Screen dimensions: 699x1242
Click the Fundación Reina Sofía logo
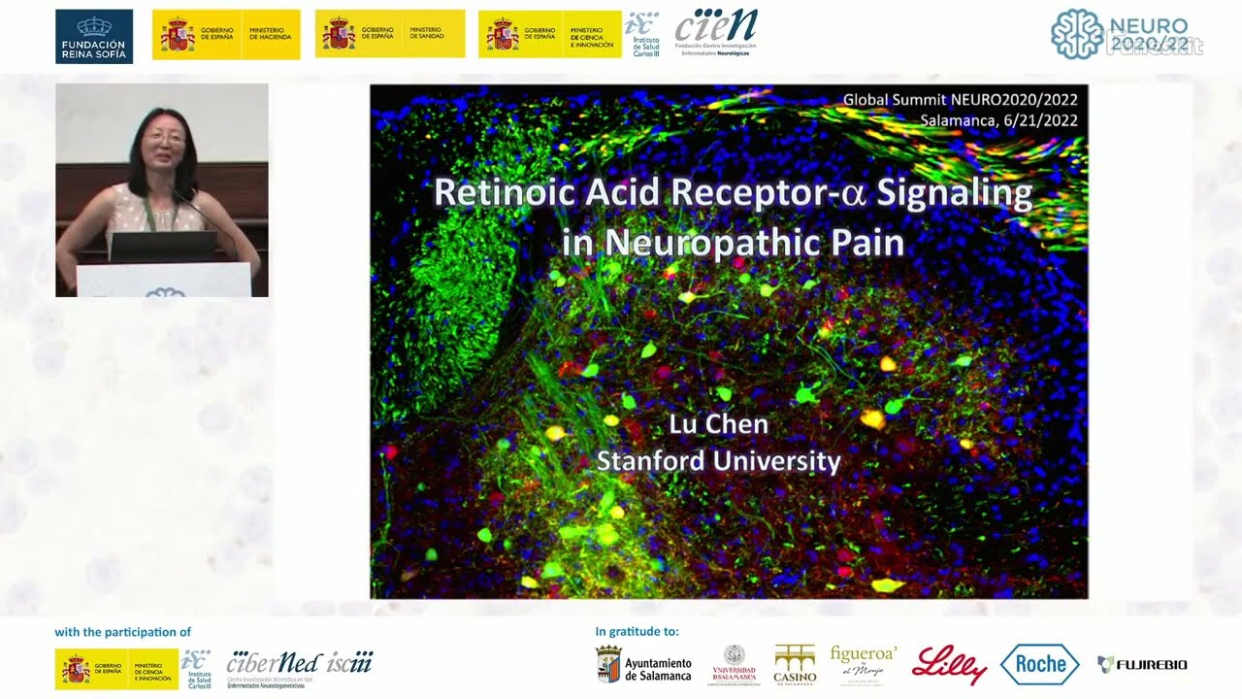pos(94,36)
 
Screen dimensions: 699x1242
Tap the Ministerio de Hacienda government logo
pos(226,35)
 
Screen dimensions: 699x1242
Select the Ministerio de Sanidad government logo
pos(389,35)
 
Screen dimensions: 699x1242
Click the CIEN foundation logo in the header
pos(716,32)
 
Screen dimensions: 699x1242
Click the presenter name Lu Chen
pos(718,424)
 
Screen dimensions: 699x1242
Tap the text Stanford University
pos(718,460)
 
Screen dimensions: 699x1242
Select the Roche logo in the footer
pos(1039,665)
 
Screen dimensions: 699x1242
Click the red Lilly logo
pos(948,665)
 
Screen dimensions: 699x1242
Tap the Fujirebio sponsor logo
pos(1142,665)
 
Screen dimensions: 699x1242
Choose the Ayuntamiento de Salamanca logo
pos(643,665)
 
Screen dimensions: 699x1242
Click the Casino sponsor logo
pos(794,665)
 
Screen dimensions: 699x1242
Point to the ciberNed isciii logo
pos(299,665)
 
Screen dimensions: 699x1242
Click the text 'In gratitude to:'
pos(637,632)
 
